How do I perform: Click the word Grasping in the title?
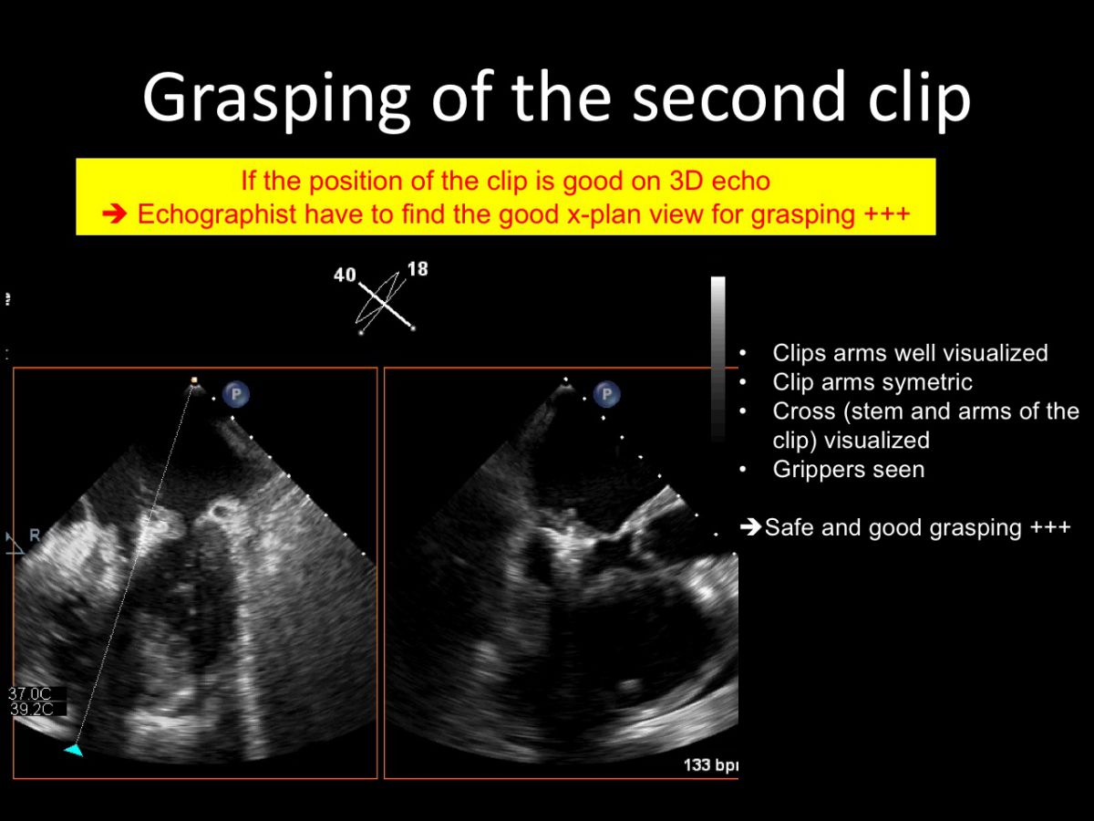(x=276, y=99)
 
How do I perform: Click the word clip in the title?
(x=920, y=98)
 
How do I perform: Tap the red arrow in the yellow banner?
(x=114, y=214)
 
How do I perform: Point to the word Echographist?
(x=217, y=214)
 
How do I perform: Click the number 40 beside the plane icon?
(x=345, y=275)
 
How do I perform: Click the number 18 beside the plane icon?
(x=418, y=269)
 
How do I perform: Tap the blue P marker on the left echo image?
(x=236, y=394)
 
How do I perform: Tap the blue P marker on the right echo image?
(x=606, y=394)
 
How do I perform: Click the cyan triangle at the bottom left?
(x=74, y=750)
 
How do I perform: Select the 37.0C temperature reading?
(x=30, y=693)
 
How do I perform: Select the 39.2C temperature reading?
(x=31, y=709)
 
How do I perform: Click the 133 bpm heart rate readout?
(x=711, y=765)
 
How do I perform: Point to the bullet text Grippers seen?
(x=848, y=470)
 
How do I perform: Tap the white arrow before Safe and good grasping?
(x=750, y=527)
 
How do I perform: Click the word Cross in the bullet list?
(x=804, y=411)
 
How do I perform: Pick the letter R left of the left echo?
(x=35, y=535)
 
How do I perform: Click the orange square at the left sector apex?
(x=194, y=380)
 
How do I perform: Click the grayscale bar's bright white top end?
(x=718, y=283)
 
